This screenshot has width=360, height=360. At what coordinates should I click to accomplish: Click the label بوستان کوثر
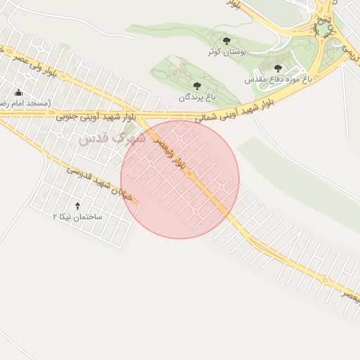pos(226,52)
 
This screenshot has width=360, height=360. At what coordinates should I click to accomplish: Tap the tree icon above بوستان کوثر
pos(226,41)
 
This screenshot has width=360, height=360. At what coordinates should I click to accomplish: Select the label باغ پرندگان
pos(195,97)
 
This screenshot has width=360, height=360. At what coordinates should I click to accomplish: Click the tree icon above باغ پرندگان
pos(196,86)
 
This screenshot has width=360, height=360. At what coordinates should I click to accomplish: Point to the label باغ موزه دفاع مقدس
pos(278,80)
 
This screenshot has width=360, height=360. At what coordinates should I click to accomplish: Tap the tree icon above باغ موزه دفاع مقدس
pos(278,68)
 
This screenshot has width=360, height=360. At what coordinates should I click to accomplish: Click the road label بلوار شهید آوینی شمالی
pos(233,112)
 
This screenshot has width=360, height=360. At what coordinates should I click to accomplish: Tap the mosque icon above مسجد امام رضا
pos(18,92)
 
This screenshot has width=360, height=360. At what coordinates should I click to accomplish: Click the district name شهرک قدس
pos(112,139)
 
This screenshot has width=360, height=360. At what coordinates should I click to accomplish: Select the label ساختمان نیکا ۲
pos(77,217)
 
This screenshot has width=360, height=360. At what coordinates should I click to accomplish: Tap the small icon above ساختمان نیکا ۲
pos(77,205)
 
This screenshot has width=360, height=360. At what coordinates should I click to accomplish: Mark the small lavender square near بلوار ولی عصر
pos(86,63)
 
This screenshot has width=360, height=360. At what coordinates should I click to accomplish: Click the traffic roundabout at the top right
pos(324,30)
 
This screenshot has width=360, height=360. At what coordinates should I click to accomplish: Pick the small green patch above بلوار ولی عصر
pos(65,46)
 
